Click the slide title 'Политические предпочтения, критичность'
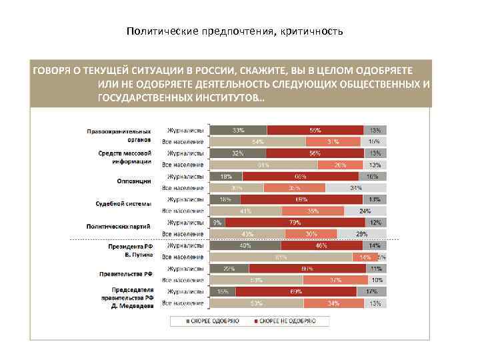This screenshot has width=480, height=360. click(x=234, y=31)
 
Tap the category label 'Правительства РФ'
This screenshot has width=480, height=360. click(x=130, y=274)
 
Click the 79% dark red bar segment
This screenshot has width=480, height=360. click(x=293, y=222)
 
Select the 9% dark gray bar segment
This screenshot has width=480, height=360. click(x=217, y=222)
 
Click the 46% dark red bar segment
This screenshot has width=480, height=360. click(x=321, y=245)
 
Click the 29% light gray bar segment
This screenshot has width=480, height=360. click(x=362, y=234)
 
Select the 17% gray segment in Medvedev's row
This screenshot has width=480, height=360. click(x=371, y=291)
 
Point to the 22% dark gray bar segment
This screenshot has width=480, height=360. click(x=229, y=269)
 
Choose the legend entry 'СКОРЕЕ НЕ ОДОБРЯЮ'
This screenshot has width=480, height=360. click(x=283, y=321)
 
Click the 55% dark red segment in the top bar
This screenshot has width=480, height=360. click(x=315, y=130)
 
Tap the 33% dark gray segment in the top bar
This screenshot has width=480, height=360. click(x=238, y=130)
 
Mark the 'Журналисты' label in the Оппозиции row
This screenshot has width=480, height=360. click(x=185, y=176)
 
